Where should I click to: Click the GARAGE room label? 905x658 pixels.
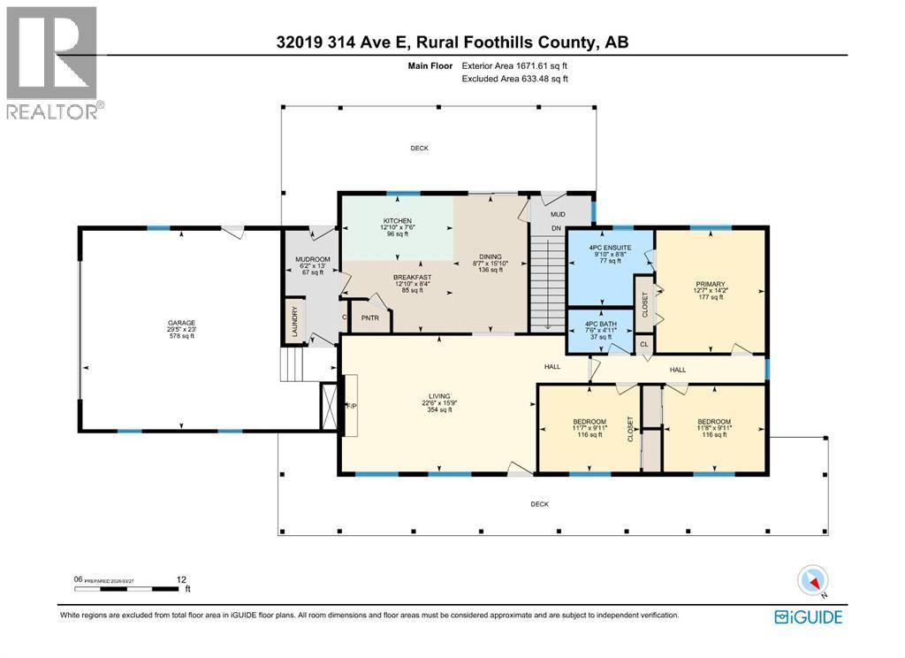coord(182,323)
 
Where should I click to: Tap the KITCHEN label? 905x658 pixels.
coord(397,220)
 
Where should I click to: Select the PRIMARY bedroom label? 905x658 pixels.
coord(709,285)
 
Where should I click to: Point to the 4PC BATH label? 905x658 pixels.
coord(601,323)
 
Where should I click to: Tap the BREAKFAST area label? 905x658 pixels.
coord(412,277)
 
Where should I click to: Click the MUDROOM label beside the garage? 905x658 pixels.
coord(311,259)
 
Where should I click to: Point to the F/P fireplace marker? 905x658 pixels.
coord(350,407)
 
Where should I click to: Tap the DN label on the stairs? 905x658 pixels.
coord(557,228)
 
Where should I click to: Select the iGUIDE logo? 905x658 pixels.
coord(808,616)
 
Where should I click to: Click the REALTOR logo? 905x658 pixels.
coord(53,62)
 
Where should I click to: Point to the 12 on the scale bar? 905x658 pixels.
coord(182,580)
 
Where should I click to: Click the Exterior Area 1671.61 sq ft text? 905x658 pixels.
coord(515,65)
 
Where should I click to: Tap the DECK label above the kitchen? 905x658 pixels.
coord(419,148)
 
